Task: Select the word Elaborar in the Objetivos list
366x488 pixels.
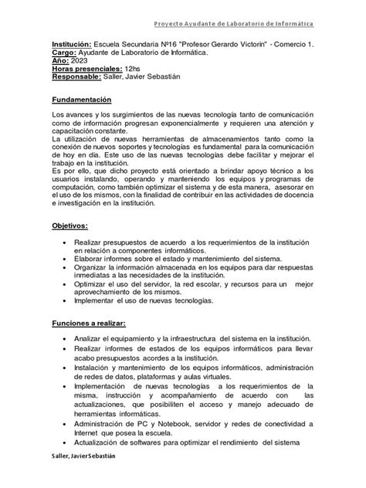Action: [91, 259]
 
